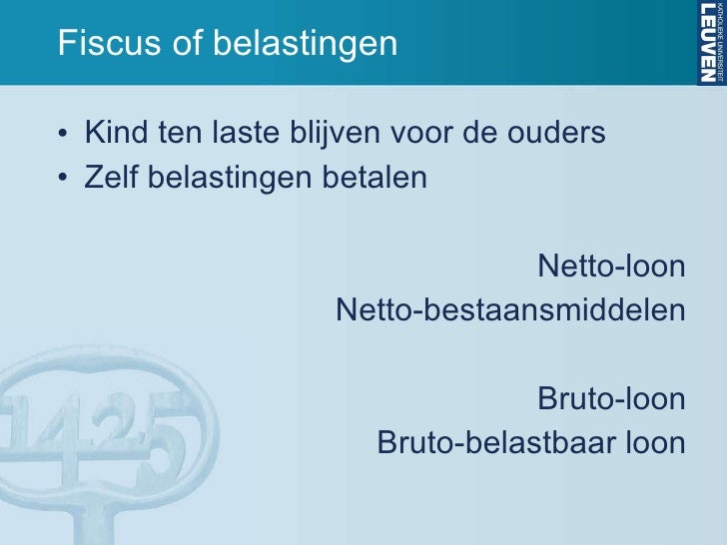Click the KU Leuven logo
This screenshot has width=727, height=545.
point(710,42)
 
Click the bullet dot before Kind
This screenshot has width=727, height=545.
point(64,134)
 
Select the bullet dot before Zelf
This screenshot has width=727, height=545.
point(64,180)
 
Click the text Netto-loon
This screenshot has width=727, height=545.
point(611,267)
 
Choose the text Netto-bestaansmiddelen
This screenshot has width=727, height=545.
point(510,310)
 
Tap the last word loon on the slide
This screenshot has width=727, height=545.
point(653,442)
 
